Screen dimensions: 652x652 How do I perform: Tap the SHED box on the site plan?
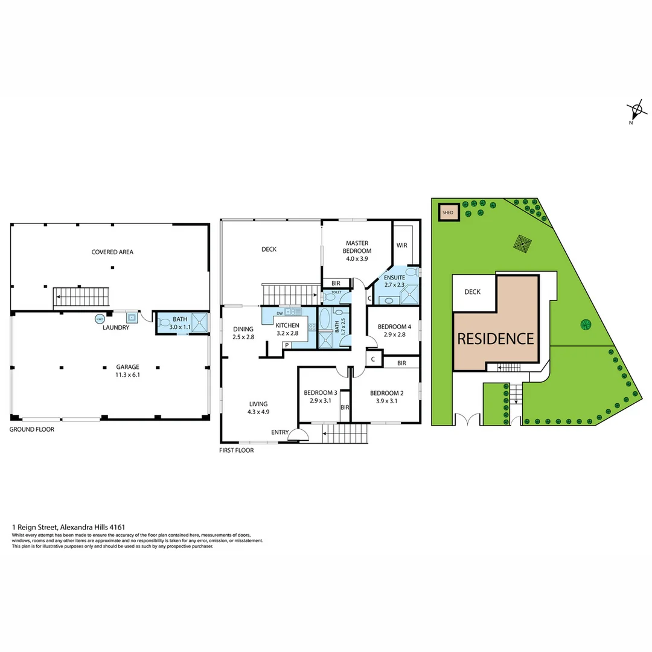tap(448, 213)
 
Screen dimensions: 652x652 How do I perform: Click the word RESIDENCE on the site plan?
tap(495, 339)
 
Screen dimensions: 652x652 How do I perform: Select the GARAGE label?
tap(128, 366)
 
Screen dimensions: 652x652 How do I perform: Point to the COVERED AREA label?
tap(112, 252)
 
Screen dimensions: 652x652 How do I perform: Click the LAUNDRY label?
tap(116, 328)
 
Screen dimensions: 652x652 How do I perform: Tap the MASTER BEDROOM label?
tap(357, 247)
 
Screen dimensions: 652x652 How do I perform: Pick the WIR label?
tap(402, 246)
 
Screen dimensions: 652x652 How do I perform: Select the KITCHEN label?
tap(287, 325)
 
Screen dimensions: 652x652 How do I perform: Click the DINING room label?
tap(243, 329)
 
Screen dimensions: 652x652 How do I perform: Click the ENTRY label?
tap(280, 432)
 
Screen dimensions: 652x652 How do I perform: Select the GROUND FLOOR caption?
tap(31, 430)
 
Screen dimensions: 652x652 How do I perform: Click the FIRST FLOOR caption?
tap(236, 450)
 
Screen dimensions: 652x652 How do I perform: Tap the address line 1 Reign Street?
tap(68, 527)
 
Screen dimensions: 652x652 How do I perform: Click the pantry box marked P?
tap(287, 345)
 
